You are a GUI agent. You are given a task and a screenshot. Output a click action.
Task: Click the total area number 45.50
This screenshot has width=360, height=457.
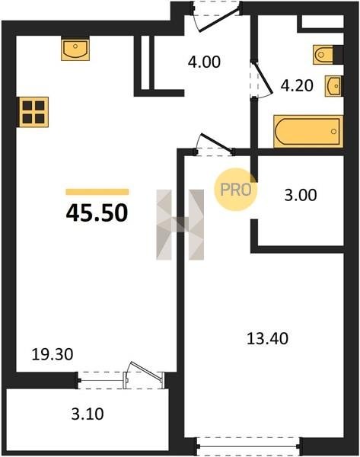click(97, 213)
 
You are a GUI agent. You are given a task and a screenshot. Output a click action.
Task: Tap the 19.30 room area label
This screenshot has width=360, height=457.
click(53, 355)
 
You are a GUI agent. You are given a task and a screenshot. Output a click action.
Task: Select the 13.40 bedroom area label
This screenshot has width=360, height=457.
click(267, 339)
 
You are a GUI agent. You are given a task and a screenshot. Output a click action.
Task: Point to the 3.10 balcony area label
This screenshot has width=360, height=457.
click(88, 414)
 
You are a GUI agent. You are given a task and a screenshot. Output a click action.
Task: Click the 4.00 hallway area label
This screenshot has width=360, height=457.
click(204, 62)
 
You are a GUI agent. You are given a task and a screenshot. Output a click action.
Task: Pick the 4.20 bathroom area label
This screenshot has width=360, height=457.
click(297, 85)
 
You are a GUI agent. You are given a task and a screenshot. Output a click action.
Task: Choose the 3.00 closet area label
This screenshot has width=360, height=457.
click(301, 195)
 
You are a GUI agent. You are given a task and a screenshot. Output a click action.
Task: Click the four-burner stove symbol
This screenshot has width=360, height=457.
click(33, 112)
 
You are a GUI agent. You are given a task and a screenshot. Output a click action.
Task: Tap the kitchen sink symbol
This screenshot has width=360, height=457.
click(75, 49)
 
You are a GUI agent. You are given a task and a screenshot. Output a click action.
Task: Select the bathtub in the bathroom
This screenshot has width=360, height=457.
click(308, 132)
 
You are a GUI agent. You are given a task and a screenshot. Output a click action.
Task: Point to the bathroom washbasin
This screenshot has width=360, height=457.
click(334, 86)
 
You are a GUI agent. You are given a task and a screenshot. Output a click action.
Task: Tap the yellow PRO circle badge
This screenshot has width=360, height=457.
click(236, 190)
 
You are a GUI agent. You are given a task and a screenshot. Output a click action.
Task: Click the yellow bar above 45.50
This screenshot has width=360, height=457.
click(97, 192)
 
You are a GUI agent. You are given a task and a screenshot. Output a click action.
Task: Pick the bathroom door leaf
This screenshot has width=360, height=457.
click(263, 78)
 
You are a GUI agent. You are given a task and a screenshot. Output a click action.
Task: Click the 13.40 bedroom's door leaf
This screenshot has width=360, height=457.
click(217, 143)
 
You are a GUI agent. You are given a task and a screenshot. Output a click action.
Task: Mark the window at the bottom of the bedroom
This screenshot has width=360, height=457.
click(248, 446)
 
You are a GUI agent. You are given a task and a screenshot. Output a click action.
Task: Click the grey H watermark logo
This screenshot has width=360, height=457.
click(180, 225)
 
